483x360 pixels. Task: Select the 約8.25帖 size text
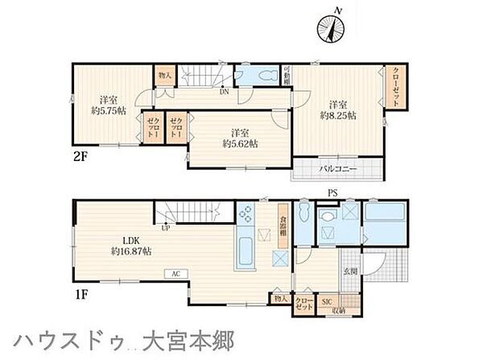tap(339, 114)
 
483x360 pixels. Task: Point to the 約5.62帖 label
tap(240, 143)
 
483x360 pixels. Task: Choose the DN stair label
tap(222, 91)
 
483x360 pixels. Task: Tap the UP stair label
tap(165, 226)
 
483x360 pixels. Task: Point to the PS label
tap(332, 192)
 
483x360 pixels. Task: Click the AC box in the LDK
tap(175, 274)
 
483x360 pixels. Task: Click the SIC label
tap(326, 302)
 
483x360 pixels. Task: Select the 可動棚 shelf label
tap(286, 75)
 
